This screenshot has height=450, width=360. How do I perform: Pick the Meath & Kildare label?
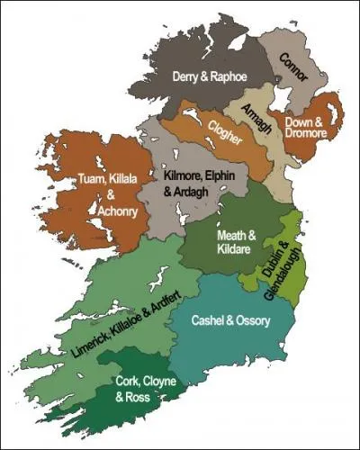pos(237,243)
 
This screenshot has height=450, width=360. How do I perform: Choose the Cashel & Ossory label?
pos(232,320)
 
